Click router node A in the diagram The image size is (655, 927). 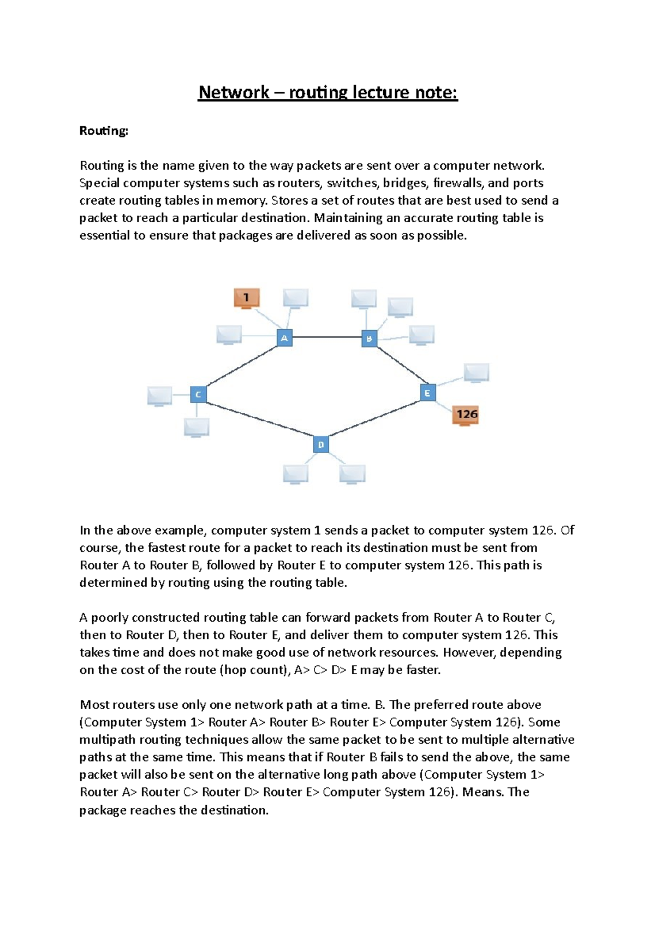tap(284, 338)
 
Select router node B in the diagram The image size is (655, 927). tap(370, 338)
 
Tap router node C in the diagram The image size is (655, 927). tap(198, 394)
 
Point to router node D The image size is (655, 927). tap(321, 444)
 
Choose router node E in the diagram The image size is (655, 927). tap(427, 393)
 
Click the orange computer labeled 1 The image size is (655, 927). tap(246, 298)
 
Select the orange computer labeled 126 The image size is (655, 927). tap(466, 415)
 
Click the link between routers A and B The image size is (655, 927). tap(326, 337)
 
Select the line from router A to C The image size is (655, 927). tap(241, 366)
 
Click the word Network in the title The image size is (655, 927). tap(234, 92)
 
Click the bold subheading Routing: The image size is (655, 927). tap(104, 131)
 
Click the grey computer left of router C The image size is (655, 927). tap(159, 396)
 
